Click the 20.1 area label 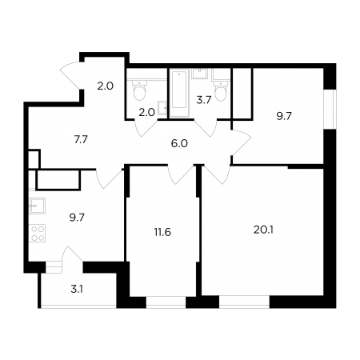pos(263,230)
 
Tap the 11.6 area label pos(162,232)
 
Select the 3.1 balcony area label pos(77,290)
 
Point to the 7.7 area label pos(81,139)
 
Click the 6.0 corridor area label pos(179,144)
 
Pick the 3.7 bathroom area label pos(204,100)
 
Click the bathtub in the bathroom pos(179,93)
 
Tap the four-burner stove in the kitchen pos(37,234)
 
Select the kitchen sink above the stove pos(37,206)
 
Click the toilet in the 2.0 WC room pos(139,90)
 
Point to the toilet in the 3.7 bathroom pos(221,90)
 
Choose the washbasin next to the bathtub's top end pos(199,74)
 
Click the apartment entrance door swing pos(70,75)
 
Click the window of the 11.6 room pos(166,302)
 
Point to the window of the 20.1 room pos(244,302)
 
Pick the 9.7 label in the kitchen pos(77,218)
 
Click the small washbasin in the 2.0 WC pos(162,108)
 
